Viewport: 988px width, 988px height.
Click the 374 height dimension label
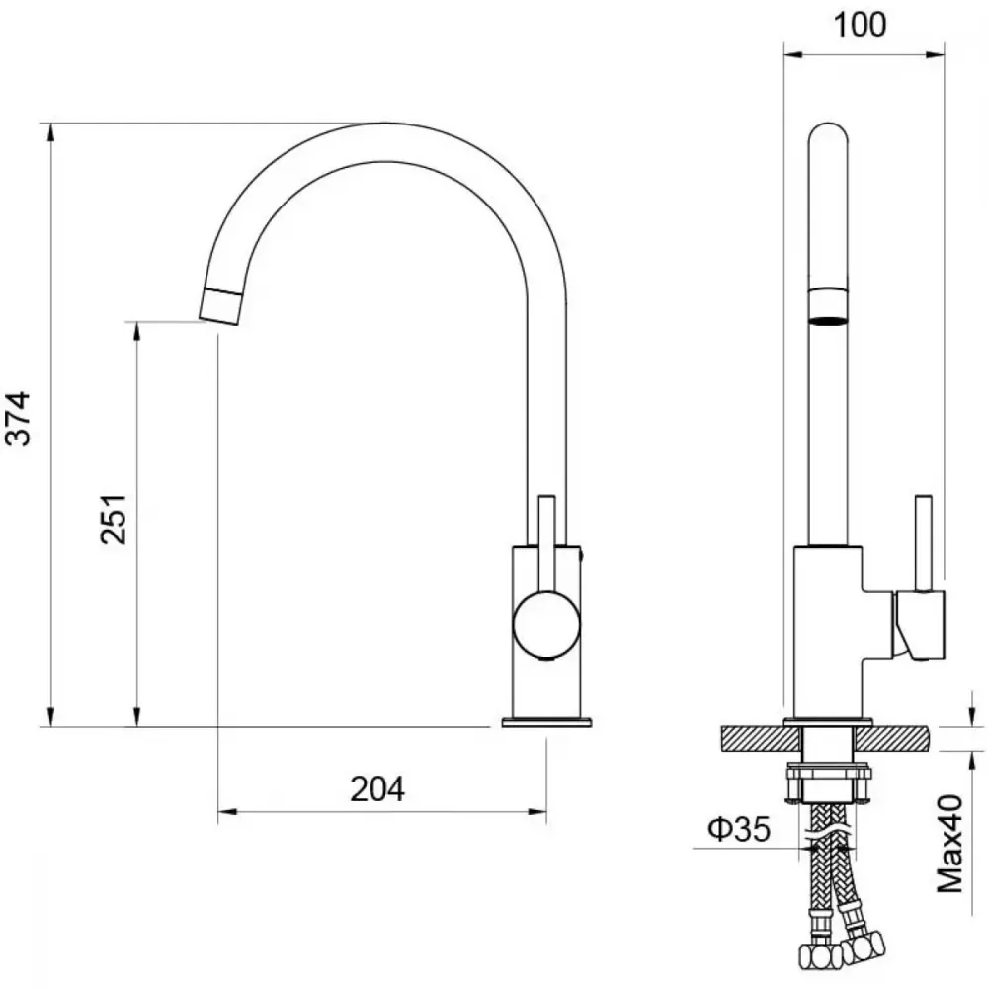pyautogui.click(x=18, y=418)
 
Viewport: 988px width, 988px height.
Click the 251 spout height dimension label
pyautogui.click(x=114, y=520)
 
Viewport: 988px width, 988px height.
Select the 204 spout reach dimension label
pyautogui.click(x=377, y=788)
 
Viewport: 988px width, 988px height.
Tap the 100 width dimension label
pyautogui.click(x=860, y=25)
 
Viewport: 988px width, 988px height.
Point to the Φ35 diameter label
pyautogui.click(x=739, y=829)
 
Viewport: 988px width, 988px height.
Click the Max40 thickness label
pyautogui.click(x=950, y=844)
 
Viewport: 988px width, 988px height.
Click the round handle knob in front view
pyautogui.click(x=546, y=624)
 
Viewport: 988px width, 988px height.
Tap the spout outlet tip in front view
pyautogui.click(x=219, y=306)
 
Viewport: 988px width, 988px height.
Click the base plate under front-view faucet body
pyautogui.click(x=547, y=722)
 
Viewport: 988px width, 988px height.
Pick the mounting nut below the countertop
pyautogui.click(x=828, y=783)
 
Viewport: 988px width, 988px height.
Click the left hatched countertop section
pyautogui.click(x=761, y=739)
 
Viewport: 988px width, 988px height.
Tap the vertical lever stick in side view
pyautogui.click(x=923, y=543)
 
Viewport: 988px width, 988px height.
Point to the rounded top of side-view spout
pyautogui.click(x=828, y=133)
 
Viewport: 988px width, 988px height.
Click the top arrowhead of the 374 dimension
pyautogui.click(x=50, y=132)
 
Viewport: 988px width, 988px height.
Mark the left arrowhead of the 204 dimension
pyautogui.click(x=227, y=811)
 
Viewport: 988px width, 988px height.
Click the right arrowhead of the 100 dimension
pyautogui.click(x=935, y=54)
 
